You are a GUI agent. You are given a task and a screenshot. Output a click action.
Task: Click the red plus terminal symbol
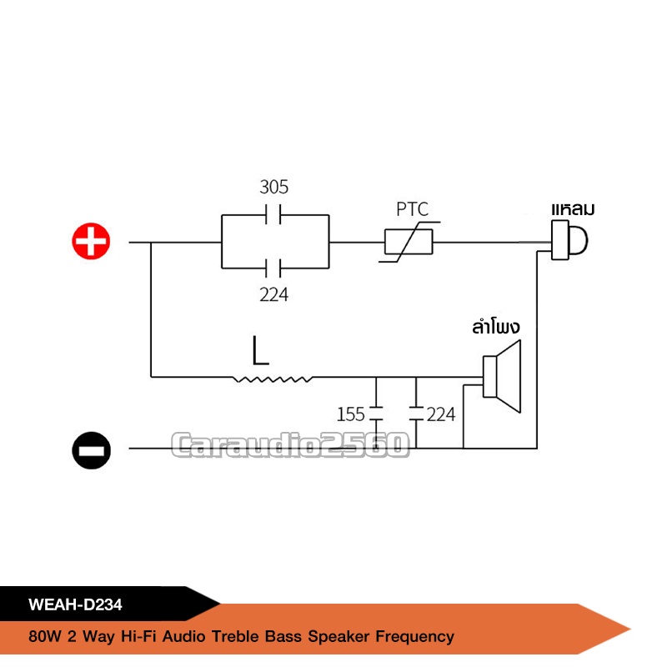tap(90, 243)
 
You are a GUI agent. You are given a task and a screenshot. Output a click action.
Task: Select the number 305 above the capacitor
tap(274, 186)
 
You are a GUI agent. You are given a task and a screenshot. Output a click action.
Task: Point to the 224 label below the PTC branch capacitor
tap(273, 293)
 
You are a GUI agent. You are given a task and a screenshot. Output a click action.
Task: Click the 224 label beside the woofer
tap(441, 414)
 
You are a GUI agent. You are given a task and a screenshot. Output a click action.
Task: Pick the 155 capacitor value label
tap(351, 414)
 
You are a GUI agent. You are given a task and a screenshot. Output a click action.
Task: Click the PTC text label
tap(412, 209)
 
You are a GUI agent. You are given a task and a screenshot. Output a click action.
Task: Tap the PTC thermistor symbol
tap(409, 243)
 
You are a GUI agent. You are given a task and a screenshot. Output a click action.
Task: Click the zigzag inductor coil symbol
tap(274, 379)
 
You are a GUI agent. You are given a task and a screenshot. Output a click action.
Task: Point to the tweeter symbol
tap(569, 241)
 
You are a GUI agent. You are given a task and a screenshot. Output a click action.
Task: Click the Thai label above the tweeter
tap(577, 208)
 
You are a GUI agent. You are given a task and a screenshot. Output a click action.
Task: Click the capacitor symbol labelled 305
tap(274, 213)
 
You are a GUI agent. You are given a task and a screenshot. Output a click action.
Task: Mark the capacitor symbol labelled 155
tap(376, 413)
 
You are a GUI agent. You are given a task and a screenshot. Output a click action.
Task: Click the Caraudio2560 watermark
tap(290, 444)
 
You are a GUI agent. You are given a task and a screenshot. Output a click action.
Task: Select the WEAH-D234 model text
tap(76, 603)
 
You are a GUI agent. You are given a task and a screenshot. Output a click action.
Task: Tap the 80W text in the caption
tap(42, 637)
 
